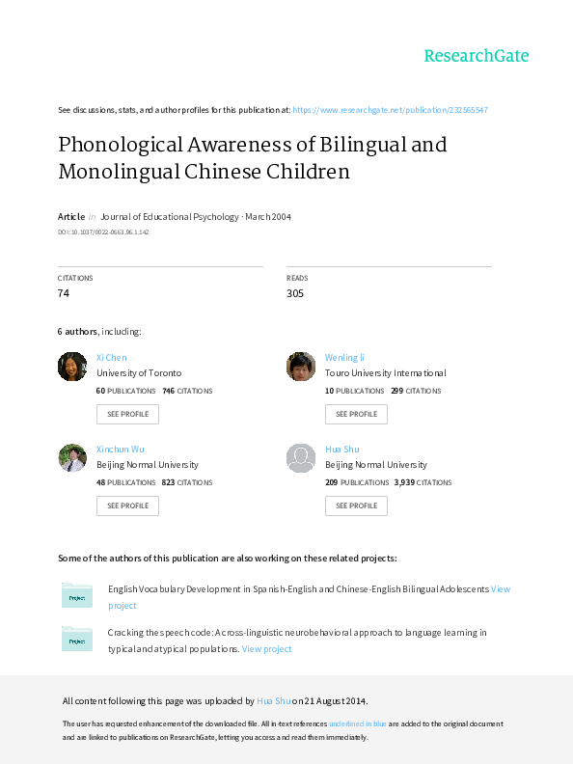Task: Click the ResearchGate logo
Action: pyautogui.click(x=476, y=56)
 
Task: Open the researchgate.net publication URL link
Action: pyautogui.click(x=391, y=110)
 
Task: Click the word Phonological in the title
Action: pyautogui.click(x=121, y=146)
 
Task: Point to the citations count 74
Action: pyautogui.click(x=64, y=293)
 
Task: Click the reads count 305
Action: pyautogui.click(x=295, y=293)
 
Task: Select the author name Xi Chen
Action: pyautogui.click(x=112, y=358)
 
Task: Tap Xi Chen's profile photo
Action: pyautogui.click(x=72, y=367)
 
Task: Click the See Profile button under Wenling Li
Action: pyautogui.click(x=356, y=414)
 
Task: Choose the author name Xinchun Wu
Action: pyautogui.click(x=121, y=450)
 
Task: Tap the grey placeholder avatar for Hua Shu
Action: pyautogui.click(x=301, y=458)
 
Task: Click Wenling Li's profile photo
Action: pyautogui.click(x=301, y=367)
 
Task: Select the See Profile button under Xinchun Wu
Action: pyautogui.click(x=127, y=505)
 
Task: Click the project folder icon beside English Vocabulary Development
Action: pyautogui.click(x=77, y=595)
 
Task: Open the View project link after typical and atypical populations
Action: pyautogui.click(x=266, y=649)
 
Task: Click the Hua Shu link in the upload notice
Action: pyautogui.click(x=273, y=701)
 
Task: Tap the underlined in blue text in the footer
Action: pyautogui.click(x=358, y=724)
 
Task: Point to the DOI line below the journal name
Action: pyautogui.click(x=103, y=232)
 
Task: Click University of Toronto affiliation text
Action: pyautogui.click(x=139, y=373)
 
